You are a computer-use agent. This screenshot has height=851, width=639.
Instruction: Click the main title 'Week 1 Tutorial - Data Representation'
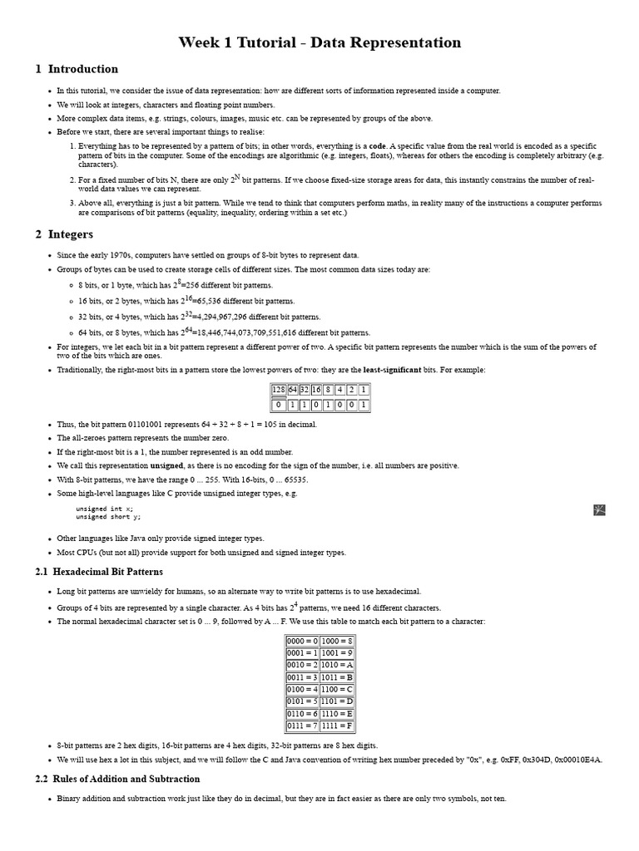pos(319,42)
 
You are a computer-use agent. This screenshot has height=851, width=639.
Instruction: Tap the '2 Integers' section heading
pos(65,234)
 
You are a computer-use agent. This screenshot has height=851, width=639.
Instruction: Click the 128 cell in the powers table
pos(279,389)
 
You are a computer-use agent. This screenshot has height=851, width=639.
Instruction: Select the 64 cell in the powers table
pos(292,389)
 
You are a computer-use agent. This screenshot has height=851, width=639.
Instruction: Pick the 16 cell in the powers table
pos(316,389)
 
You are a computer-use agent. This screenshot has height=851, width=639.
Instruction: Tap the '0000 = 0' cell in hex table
pos(302,642)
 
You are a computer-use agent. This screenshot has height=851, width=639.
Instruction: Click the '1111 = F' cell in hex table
pos(337,726)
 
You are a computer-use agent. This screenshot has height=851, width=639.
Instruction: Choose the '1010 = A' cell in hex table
pos(337,665)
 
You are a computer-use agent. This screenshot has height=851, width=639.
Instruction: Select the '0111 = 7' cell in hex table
pos(302,726)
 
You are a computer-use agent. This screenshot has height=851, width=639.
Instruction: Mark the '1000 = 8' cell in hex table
pos(337,642)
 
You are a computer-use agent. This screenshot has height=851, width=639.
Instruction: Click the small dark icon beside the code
pos(599,509)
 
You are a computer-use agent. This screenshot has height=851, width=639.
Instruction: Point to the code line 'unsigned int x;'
pos(104,509)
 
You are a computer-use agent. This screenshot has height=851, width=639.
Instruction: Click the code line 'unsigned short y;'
pos(108,517)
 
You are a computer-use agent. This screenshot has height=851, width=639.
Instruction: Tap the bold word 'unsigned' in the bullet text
pos(166,466)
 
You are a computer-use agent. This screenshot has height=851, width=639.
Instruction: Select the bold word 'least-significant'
pos(392,370)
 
